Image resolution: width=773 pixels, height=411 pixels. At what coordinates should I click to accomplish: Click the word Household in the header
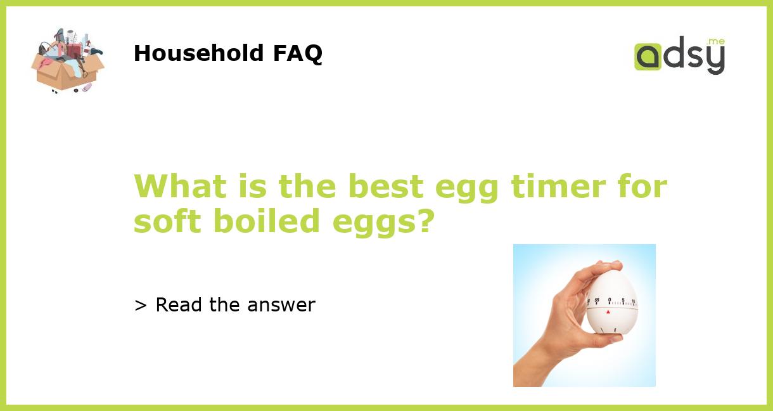point(199,53)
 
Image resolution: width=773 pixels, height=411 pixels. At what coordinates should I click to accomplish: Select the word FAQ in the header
point(297,53)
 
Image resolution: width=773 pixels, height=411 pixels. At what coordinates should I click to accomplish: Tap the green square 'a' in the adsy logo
point(648,56)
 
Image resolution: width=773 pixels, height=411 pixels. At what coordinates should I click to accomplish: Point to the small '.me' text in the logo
point(716,41)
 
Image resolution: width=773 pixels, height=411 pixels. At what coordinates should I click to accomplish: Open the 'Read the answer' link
point(235,305)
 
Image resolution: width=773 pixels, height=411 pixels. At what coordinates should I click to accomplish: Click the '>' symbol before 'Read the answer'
point(141,306)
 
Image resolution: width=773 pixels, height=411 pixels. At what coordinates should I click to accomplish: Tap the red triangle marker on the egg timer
point(608,311)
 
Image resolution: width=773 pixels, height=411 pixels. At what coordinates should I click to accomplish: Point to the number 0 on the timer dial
point(610,300)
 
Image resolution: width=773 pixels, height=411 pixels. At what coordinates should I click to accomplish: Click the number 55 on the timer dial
point(597,301)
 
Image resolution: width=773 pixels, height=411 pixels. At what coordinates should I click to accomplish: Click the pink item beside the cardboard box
point(87,86)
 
